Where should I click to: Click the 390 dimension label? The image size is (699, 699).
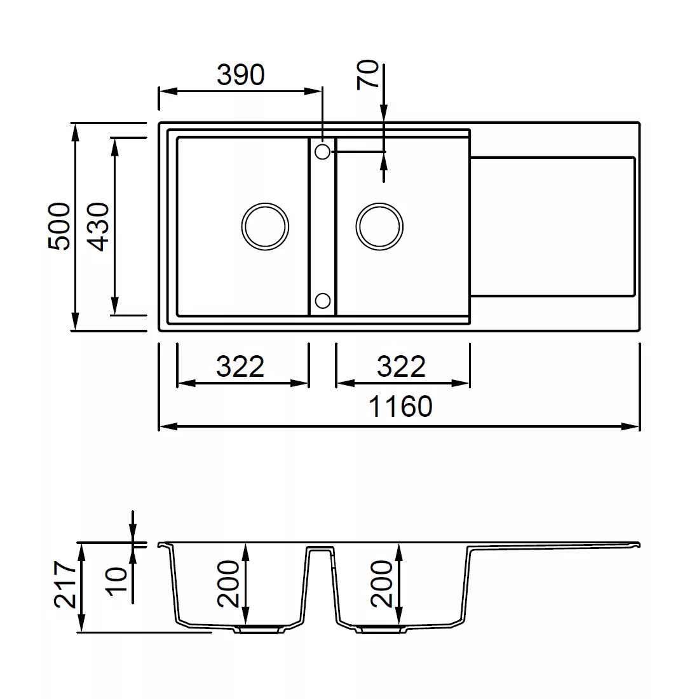click(x=241, y=74)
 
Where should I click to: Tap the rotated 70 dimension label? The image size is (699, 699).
click(x=368, y=74)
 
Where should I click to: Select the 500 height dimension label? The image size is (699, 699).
click(x=59, y=226)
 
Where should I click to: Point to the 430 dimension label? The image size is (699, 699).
click(x=98, y=226)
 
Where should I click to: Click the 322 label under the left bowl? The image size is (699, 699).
click(x=240, y=367)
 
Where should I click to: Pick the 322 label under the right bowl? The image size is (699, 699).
click(x=401, y=367)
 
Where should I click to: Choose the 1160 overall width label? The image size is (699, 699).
click(x=400, y=406)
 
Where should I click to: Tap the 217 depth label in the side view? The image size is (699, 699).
click(x=65, y=585)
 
